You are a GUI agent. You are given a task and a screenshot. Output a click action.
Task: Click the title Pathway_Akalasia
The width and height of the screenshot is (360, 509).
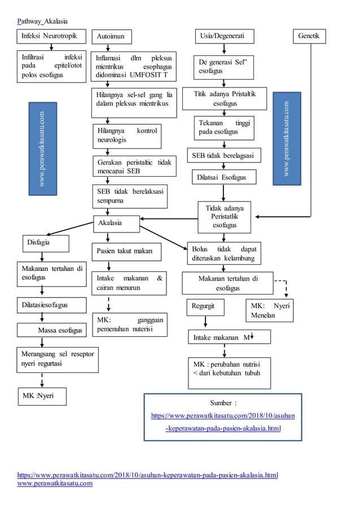click(42, 21)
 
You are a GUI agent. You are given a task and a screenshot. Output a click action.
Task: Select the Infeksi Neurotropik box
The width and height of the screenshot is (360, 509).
click(51, 37)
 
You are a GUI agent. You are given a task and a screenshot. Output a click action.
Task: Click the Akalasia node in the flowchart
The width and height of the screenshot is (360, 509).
click(116, 223)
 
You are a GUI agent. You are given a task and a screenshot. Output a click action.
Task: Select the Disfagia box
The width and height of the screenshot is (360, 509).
click(46, 243)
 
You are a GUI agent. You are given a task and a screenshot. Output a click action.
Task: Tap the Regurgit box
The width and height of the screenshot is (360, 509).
click(205, 307)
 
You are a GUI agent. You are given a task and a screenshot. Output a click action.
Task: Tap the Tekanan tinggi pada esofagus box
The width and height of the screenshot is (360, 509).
click(224, 128)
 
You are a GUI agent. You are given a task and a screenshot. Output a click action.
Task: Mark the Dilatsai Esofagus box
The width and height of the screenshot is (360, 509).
click(223, 177)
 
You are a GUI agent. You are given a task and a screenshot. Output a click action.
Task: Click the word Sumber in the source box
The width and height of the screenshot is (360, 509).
click(222, 403)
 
